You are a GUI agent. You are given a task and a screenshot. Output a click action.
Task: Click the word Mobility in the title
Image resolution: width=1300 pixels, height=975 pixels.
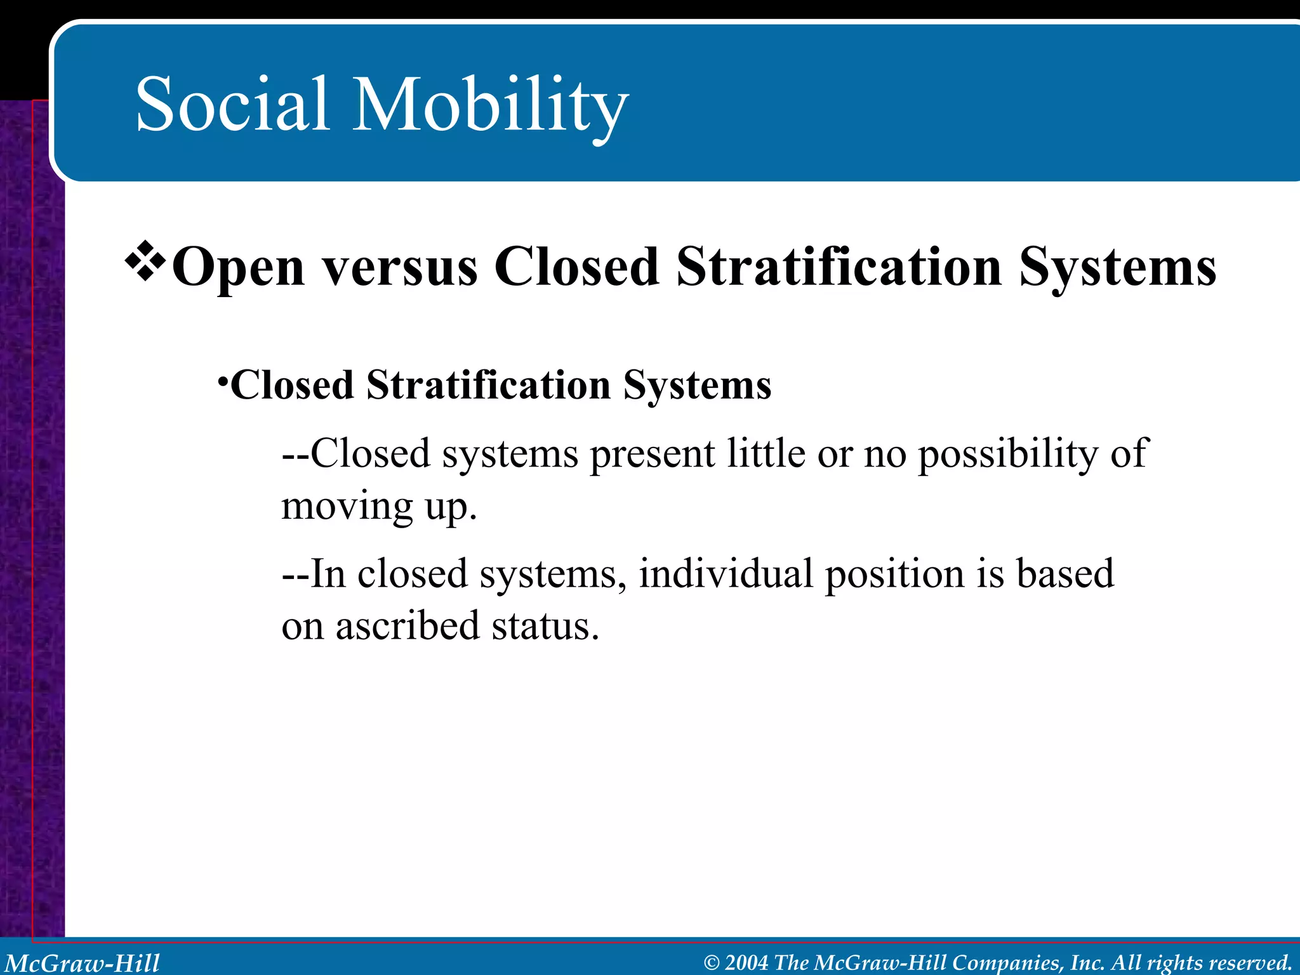(x=490, y=105)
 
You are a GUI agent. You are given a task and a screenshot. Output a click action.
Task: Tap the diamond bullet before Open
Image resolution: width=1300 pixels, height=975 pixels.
(x=145, y=260)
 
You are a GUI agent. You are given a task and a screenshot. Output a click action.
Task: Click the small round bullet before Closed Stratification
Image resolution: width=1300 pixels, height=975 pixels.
(x=222, y=381)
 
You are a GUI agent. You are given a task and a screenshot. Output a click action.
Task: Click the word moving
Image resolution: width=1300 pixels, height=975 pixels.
(x=347, y=507)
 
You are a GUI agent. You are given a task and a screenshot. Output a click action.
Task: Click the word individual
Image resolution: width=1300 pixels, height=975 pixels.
(x=726, y=574)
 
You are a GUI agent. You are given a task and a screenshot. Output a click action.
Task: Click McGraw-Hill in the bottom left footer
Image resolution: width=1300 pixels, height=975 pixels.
(x=83, y=963)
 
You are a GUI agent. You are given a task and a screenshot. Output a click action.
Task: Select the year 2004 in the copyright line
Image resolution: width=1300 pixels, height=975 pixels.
(x=746, y=963)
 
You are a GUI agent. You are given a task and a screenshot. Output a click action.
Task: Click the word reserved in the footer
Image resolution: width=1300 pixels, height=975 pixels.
(x=1250, y=963)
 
